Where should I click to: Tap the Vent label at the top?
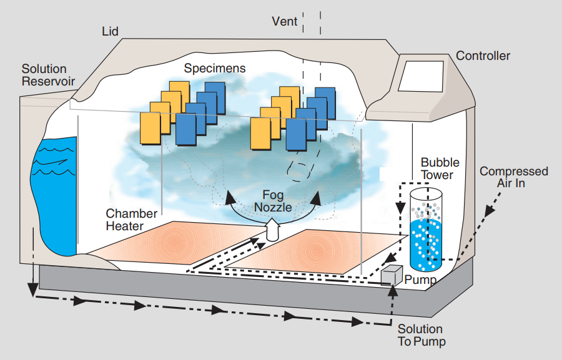[285, 21]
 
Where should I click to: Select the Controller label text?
[483, 56]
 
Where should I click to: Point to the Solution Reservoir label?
[48, 75]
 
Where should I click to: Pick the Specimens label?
[215, 68]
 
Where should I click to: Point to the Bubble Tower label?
[437, 168]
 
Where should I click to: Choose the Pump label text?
[420, 280]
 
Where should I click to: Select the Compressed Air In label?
[513, 177]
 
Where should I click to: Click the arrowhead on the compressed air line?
[488, 212]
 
